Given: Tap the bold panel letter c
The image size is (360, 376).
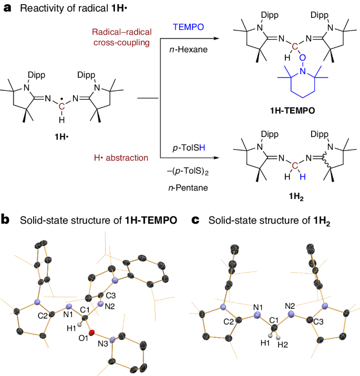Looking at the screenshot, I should [195, 219].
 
